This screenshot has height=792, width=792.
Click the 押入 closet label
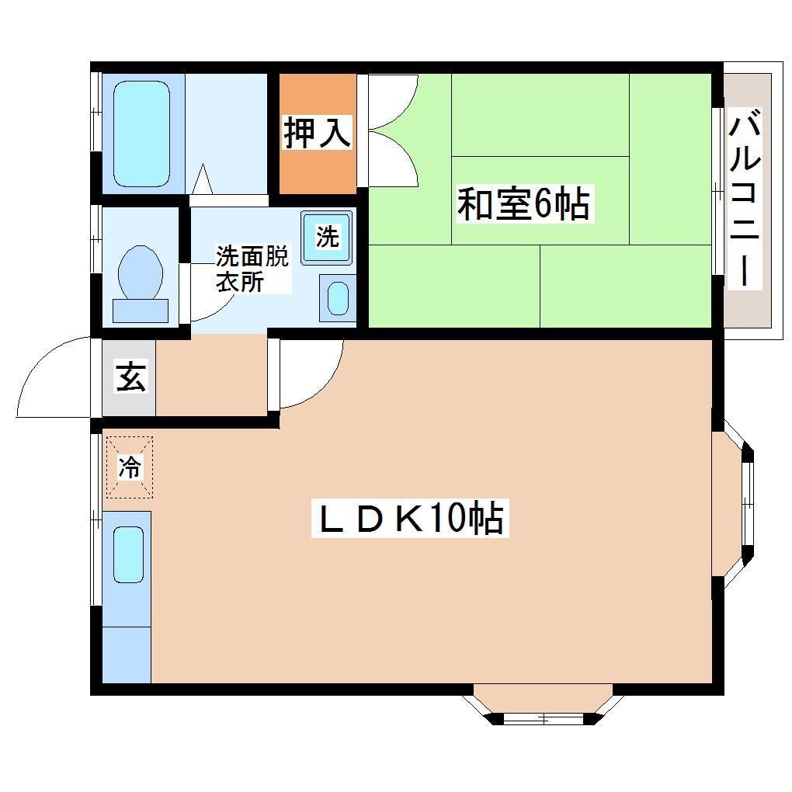coord(317,132)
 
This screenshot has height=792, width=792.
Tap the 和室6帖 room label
coord(523,204)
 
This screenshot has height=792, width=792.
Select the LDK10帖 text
coord(409,519)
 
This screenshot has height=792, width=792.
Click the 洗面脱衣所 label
coord(250,269)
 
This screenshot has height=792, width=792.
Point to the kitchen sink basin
coord(128,554)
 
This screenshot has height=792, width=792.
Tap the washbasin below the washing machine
coord(338,298)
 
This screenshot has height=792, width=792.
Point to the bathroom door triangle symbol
coord(202,181)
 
